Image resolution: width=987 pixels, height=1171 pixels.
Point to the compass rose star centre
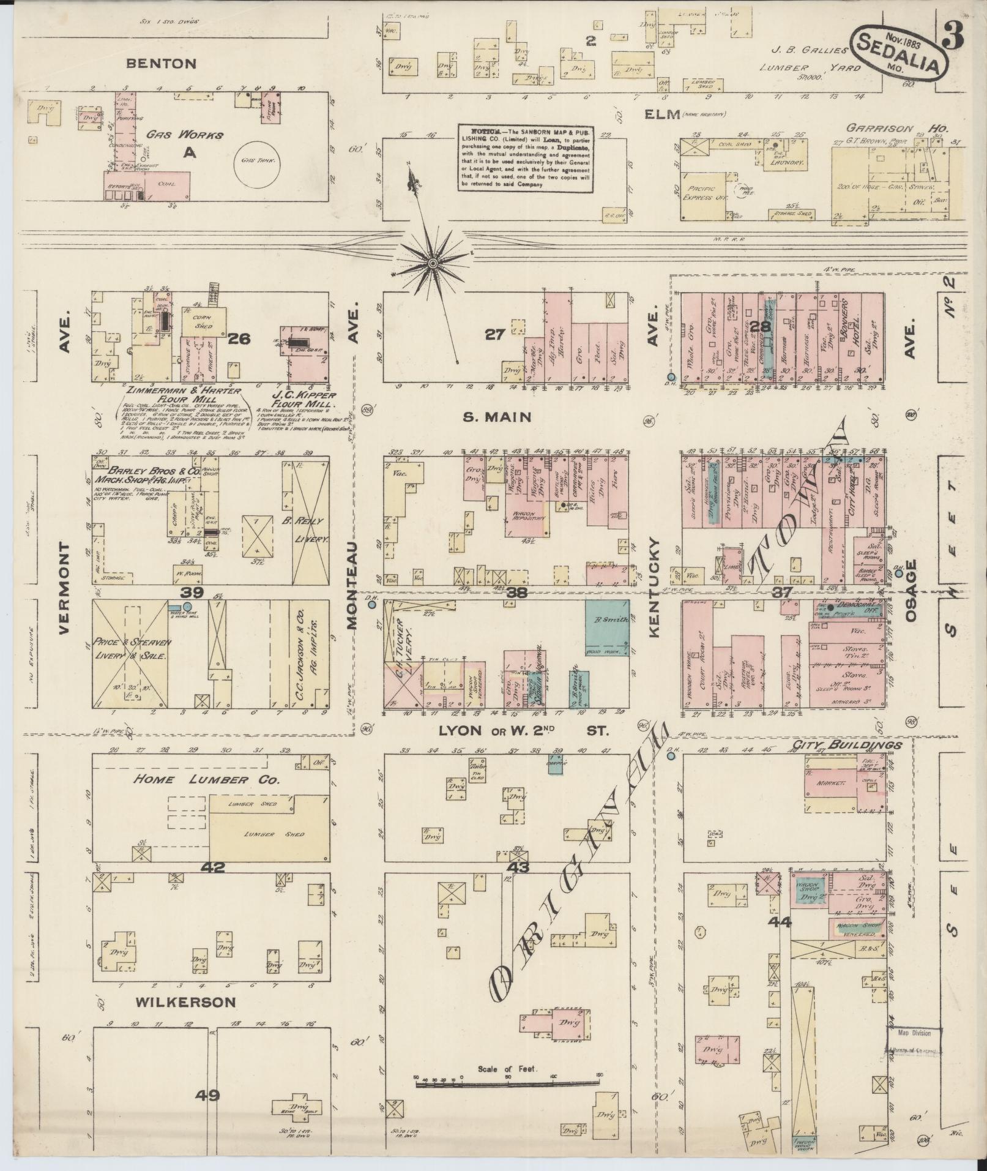pyautogui.click(x=433, y=263)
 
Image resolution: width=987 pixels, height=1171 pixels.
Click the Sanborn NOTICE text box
pyautogui.click(x=526, y=158)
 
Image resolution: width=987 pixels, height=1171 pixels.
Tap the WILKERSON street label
pyautogui.click(x=185, y=1002)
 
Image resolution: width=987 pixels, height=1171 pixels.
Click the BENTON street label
pyautogui.click(x=162, y=63)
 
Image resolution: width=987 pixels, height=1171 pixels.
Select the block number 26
pyautogui.click(x=240, y=338)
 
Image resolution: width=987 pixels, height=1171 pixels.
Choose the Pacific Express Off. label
pyautogui.click(x=709, y=193)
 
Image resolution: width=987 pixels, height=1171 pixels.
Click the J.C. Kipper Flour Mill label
pyautogui.click(x=304, y=400)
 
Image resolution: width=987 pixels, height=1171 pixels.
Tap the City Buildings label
pyautogui.click(x=847, y=745)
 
